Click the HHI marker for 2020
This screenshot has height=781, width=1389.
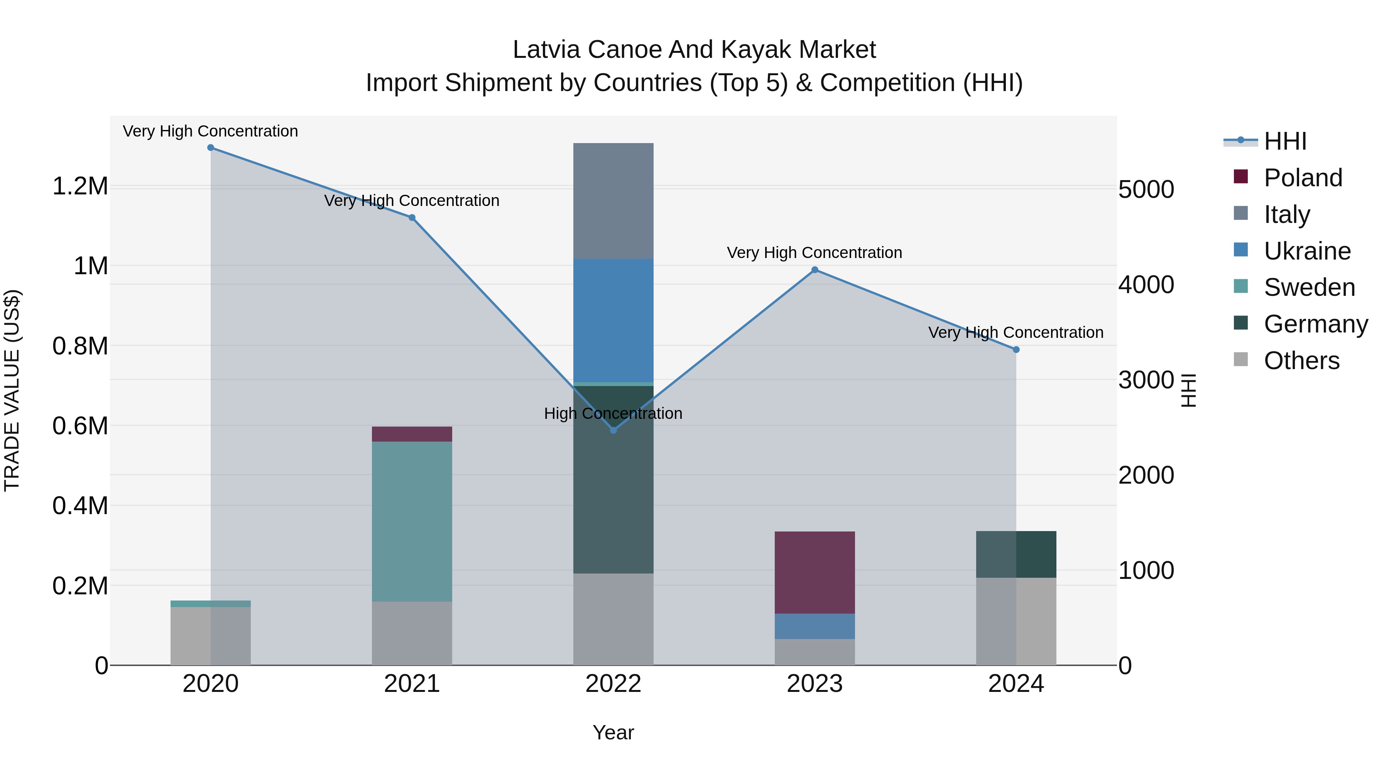[x=210, y=148]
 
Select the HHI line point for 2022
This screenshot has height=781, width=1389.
[x=613, y=430]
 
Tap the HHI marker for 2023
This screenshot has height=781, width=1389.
[x=815, y=270]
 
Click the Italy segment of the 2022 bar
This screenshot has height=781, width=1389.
[x=613, y=201]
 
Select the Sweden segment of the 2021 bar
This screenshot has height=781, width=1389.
[x=412, y=521]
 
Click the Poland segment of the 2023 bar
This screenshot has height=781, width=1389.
[x=815, y=572]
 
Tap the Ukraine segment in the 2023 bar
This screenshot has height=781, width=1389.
[x=815, y=626]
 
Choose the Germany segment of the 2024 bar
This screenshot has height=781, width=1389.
[x=1016, y=554]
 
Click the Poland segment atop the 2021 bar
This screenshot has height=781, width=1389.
[x=412, y=434]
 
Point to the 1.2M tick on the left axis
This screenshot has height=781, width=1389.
[x=80, y=187]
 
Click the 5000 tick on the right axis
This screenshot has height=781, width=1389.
[x=1146, y=190]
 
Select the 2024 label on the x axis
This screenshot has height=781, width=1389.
[x=1016, y=684]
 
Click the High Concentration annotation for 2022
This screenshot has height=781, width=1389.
[x=613, y=413]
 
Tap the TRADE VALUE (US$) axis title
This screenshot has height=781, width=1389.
[x=12, y=390]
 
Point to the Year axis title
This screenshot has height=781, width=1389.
[x=613, y=732]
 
